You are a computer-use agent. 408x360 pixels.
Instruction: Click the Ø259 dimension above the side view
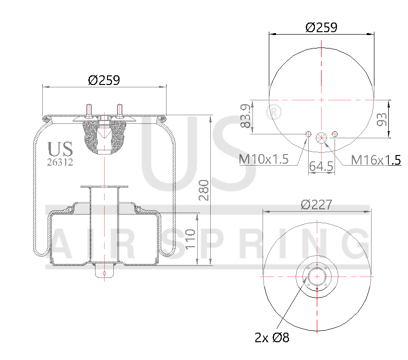[x=104, y=80]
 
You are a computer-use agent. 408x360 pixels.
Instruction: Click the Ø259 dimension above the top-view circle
[x=321, y=27]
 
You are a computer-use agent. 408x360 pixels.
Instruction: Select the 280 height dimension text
[x=204, y=190]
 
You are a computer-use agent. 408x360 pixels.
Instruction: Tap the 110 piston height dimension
[x=191, y=239]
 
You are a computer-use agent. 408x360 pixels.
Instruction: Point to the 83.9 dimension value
[x=246, y=116]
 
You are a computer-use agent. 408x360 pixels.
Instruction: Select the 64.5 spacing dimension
[x=321, y=167]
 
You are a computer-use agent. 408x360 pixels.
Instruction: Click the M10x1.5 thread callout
[x=264, y=159]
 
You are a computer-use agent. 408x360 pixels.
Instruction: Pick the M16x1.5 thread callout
[x=376, y=159]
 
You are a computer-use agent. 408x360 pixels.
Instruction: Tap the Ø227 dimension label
[x=317, y=204]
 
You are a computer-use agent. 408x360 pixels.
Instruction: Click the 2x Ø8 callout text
[x=272, y=337]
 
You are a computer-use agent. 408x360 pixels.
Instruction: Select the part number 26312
[x=60, y=162]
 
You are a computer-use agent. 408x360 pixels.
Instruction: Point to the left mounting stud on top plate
[x=89, y=110]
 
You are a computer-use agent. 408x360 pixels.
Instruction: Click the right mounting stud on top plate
[x=120, y=110]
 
